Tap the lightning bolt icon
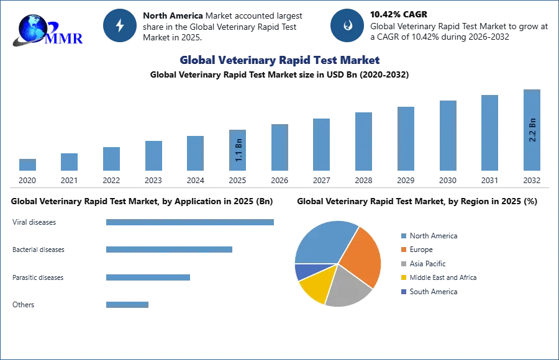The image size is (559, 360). point(120,25)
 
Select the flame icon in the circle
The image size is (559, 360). point(347,25)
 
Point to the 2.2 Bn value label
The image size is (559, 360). point(532,130)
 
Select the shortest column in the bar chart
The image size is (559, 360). point(27,166)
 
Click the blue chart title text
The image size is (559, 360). point(279,60)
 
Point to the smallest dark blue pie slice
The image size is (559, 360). point(303,271)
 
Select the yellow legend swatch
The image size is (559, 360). point(402,277)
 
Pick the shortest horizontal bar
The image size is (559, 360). point(127,304)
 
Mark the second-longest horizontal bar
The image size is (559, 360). point(169,249)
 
